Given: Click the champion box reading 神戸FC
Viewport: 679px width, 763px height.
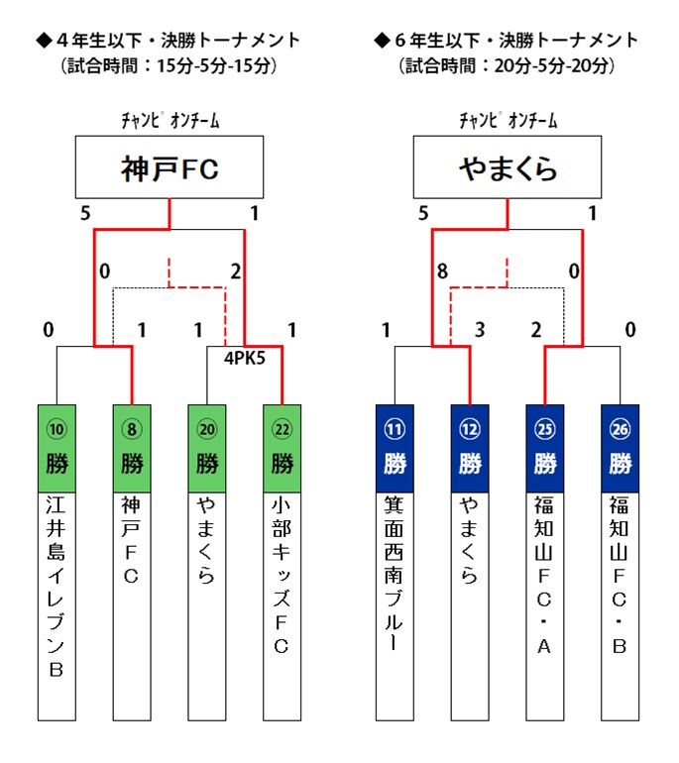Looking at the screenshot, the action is [x=170, y=166].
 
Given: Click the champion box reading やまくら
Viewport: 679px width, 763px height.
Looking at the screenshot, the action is [x=508, y=166].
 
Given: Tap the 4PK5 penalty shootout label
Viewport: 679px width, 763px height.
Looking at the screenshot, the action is [x=245, y=358].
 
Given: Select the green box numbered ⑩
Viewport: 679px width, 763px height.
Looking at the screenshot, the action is [x=57, y=448].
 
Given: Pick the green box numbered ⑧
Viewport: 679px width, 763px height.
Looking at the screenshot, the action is [x=132, y=448].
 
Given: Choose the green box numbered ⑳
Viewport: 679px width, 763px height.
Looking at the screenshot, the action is [x=207, y=448].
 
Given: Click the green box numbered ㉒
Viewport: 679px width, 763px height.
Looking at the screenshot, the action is [x=283, y=448].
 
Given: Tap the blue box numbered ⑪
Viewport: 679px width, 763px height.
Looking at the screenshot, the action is [x=395, y=448].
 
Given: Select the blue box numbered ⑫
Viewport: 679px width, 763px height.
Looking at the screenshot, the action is [x=470, y=448].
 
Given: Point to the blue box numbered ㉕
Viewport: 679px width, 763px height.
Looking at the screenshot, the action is [x=545, y=448].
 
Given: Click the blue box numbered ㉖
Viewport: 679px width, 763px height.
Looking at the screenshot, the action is [x=621, y=448].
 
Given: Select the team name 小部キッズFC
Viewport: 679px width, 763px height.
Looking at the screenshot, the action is [x=282, y=575].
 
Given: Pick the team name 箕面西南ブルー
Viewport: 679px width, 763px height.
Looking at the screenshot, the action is [x=395, y=573].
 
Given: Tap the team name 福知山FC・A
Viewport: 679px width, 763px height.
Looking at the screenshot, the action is [x=544, y=575].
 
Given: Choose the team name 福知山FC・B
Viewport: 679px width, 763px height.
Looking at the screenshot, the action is [x=620, y=575].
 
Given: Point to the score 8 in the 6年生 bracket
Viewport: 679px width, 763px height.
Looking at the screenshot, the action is [x=442, y=272].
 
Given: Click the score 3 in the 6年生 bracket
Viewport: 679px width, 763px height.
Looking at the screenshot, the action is [x=480, y=330].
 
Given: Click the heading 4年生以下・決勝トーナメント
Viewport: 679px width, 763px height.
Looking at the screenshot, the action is [x=169, y=40].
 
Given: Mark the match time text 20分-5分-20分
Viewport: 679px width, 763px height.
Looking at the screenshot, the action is [x=551, y=65].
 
